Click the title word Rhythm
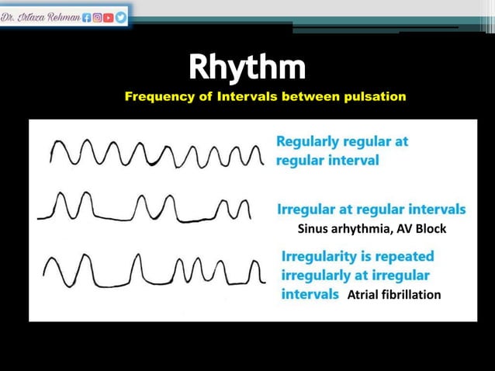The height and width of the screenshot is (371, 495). point(247,68)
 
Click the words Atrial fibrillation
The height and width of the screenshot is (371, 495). point(394,295)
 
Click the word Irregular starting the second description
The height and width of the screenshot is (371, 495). point(306,210)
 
